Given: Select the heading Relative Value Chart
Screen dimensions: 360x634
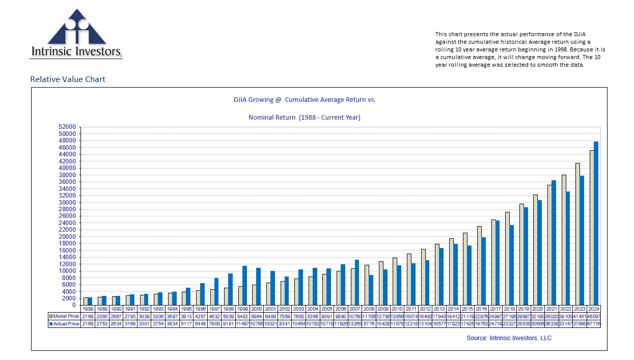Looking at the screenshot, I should tap(68, 79).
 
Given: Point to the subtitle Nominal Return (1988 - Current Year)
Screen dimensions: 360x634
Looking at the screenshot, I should tap(304, 118).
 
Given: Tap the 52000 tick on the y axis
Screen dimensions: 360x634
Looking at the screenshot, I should tap(67, 127).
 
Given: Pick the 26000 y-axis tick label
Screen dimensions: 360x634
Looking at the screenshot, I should tap(67, 216).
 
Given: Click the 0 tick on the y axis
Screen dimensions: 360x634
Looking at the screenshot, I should tap(73, 305).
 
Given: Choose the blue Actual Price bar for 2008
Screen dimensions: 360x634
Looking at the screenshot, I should tap(371, 290).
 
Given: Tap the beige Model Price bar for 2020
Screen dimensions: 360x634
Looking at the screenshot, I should tap(535, 250).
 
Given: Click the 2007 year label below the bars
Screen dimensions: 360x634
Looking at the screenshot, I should tap(354, 309).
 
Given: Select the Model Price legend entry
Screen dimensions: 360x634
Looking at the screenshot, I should tap(64, 316).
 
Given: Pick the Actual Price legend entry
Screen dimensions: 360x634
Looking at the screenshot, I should tap(64, 324).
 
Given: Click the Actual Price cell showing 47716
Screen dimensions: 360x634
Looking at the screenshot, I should tap(594, 324).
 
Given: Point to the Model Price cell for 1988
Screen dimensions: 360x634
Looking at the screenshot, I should tap(88, 316).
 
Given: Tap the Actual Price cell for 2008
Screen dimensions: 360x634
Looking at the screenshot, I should tap(369, 324).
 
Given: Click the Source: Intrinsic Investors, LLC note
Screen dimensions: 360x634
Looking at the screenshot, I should tap(509, 338).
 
